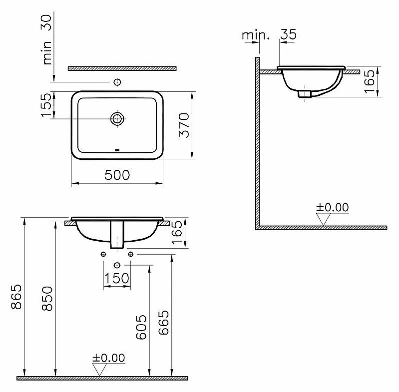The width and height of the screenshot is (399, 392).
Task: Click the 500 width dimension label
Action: pyautogui.click(x=117, y=175)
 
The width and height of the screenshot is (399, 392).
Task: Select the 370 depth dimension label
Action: pyautogui.click(x=184, y=125)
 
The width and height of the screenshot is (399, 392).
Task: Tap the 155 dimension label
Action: pyautogui.click(x=46, y=105)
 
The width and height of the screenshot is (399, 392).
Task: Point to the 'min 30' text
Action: pyautogui.click(x=47, y=39)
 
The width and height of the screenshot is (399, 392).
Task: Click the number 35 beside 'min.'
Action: pyautogui.click(x=288, y=34)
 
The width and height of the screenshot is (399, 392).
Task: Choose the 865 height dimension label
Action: pyautogui.click(x=17, y=297)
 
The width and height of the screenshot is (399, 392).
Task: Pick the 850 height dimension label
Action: pyautogui.click(x=47, y=299)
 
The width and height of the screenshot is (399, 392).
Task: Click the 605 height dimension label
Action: pyautogui.click(x=141, y=327)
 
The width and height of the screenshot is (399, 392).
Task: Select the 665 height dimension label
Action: pyautogui.click(x=163, y=322)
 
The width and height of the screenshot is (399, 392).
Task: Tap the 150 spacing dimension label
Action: pyautogui.click(x=117, y=278)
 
